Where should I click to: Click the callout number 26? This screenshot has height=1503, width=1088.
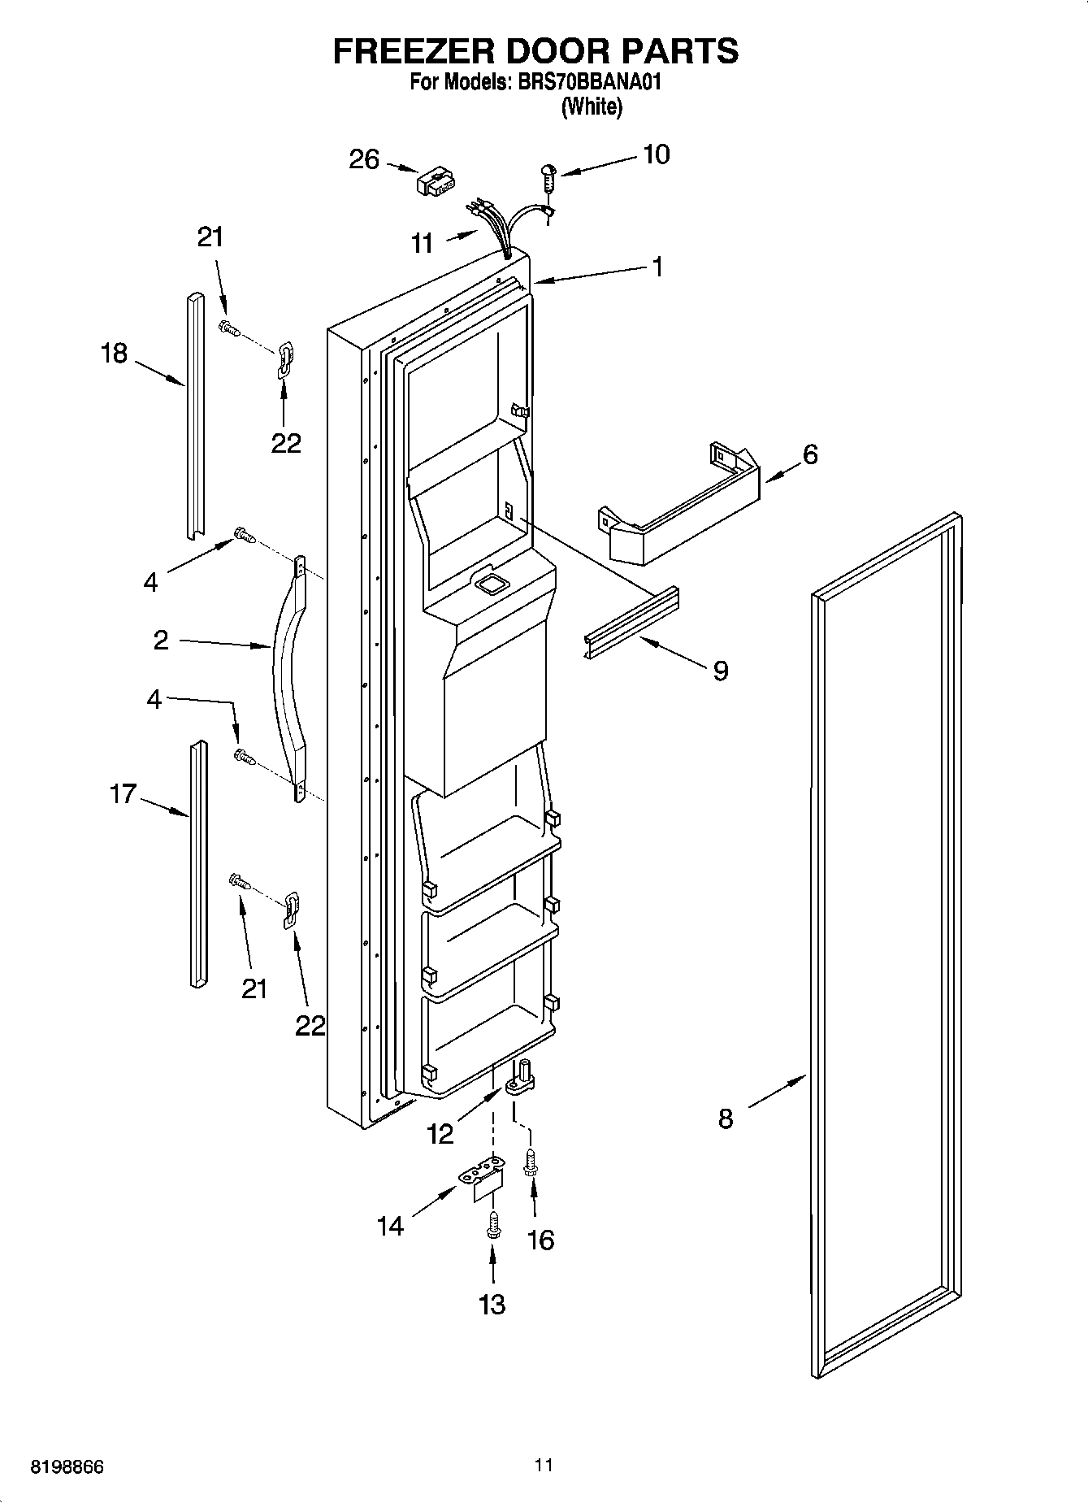[x=363, y=159]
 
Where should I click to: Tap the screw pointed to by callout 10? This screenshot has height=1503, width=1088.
[x=548, y=175]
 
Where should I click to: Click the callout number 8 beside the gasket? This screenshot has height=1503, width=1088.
[x=726, y=1119]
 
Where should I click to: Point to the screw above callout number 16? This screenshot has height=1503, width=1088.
[x=531, y=1163]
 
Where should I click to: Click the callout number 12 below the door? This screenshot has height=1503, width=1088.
[x=440, y=1133]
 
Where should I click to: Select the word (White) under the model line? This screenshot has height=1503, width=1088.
[x=592, y=106]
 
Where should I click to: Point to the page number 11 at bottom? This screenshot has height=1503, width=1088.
[x=544, y=1465]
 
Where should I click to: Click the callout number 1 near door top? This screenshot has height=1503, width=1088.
[x=657, y=266]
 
